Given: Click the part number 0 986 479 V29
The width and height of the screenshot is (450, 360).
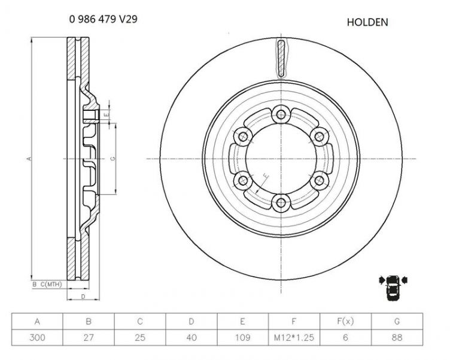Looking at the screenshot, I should coord(104,19).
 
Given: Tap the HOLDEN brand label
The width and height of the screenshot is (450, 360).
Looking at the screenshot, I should coord(367,22).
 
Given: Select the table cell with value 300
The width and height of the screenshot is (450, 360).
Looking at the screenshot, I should coord(38,337).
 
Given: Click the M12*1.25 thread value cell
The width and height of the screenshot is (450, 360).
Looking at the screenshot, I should coord(294,337).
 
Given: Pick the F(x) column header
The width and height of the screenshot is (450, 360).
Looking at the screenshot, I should coord(346,321).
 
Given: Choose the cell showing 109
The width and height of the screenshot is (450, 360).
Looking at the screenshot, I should coord(243,337).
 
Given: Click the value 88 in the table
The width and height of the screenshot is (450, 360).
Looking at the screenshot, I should coord(397,337).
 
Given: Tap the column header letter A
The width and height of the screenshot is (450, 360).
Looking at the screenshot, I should coord(38,321).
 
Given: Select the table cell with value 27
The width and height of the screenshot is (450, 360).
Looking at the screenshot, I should coord(89,337).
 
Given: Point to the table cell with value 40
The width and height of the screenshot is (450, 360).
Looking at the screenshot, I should coord(191,337).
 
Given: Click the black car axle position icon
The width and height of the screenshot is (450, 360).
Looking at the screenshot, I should coord(393,287).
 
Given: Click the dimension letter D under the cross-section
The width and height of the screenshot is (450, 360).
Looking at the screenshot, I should coord(83,297).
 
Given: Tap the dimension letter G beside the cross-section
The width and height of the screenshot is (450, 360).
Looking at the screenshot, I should coord(113,158).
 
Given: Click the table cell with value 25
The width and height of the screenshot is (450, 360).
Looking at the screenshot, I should coord(140,337).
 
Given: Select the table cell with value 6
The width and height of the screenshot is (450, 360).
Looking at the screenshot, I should coord(346,337).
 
